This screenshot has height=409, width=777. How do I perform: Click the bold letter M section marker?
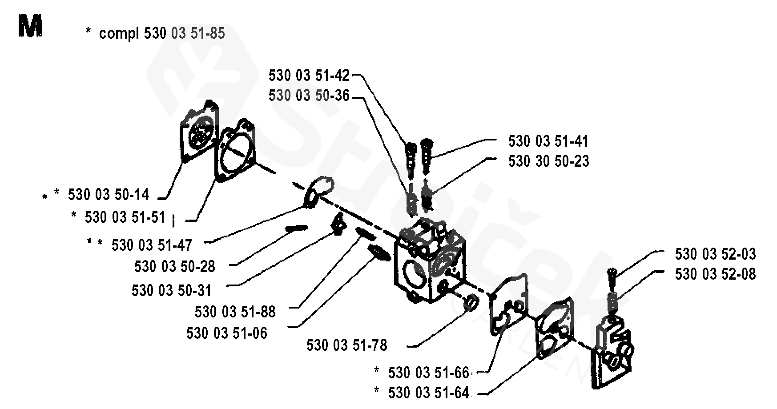pos(30,26)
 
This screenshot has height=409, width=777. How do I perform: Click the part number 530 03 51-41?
pos(548,141)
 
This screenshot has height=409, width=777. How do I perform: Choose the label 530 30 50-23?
pos(548,161)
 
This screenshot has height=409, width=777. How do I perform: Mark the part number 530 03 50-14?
pos(108,195)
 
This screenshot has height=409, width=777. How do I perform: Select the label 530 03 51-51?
pos(125,217)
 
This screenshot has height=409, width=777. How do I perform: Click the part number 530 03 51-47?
pos(152,245)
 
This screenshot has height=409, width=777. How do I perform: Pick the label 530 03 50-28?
pos(174,266)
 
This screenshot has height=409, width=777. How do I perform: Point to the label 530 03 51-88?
pos(235,312)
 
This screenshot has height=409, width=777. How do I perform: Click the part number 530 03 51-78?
pos(346,345)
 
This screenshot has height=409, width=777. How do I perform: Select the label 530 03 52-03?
pos(715,254)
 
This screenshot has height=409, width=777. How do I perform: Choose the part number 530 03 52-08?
pos(715,274)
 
